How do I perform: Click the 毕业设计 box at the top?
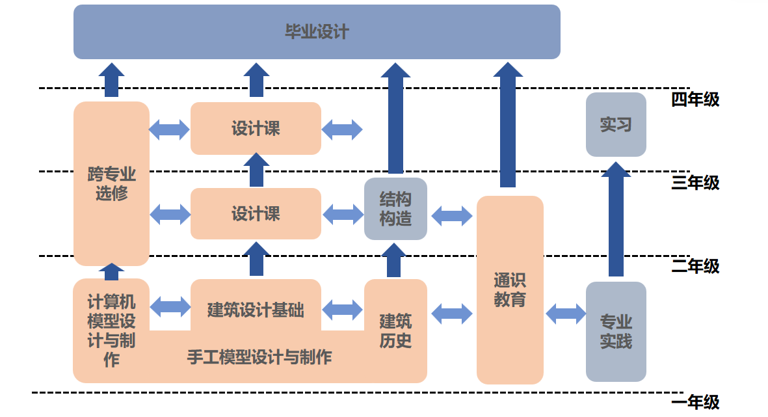coord(317,32)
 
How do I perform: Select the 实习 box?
coord(616,124)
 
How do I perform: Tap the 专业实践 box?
coord(616,331)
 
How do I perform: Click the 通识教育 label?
coord(510,290)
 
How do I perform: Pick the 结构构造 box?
coord(395,209)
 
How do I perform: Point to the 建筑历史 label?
coord(395,330)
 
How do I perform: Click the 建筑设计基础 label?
coord(256,309)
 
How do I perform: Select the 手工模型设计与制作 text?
coord(259,357)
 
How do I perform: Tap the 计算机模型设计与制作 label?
coord(111,330)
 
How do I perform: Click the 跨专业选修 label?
coord(111,183)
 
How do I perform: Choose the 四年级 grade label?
coord(695,100)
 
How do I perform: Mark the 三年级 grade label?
coord(695,183)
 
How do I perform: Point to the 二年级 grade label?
coord(695,266)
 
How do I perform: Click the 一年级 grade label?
coord(695,402)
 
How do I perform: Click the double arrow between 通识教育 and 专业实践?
coord(565,314)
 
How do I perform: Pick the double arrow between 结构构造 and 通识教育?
coord(452,216)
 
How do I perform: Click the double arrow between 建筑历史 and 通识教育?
coord(452,314)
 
